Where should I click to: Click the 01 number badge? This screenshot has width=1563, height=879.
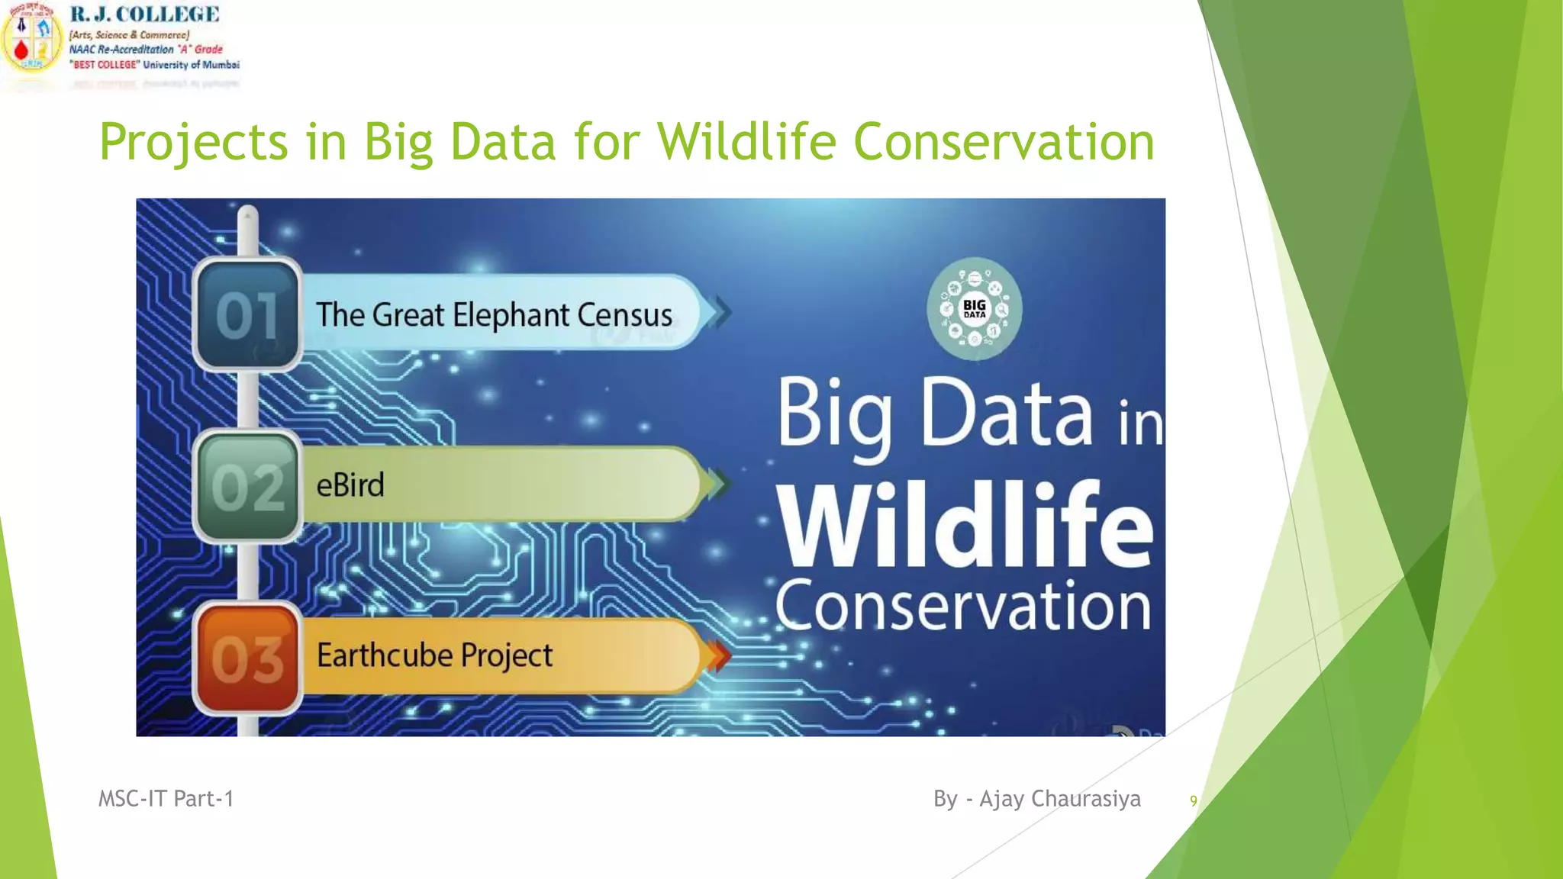click(x=247, y=315)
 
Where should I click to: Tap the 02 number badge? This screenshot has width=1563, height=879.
click(x=247, y=486)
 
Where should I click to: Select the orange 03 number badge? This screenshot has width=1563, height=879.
click(x=247, y=658)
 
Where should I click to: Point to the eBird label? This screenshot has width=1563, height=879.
click(x=350, y=485)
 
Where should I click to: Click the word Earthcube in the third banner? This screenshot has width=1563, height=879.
click(x=385, y=655)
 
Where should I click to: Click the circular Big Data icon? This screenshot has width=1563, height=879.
click(x=975, y=309)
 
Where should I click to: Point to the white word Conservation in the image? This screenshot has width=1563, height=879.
click(x=963, y=607)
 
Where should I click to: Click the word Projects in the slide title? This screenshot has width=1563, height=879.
click(x=194, y=143)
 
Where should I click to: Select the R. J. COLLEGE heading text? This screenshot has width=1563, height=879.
click(x=144, y=14)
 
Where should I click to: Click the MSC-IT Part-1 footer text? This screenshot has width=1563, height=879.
click(x=166, y=799)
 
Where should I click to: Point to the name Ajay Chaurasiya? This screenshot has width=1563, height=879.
click(x=1060, y=799)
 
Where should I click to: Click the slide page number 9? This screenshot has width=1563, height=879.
click(x=1193, y=801)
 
